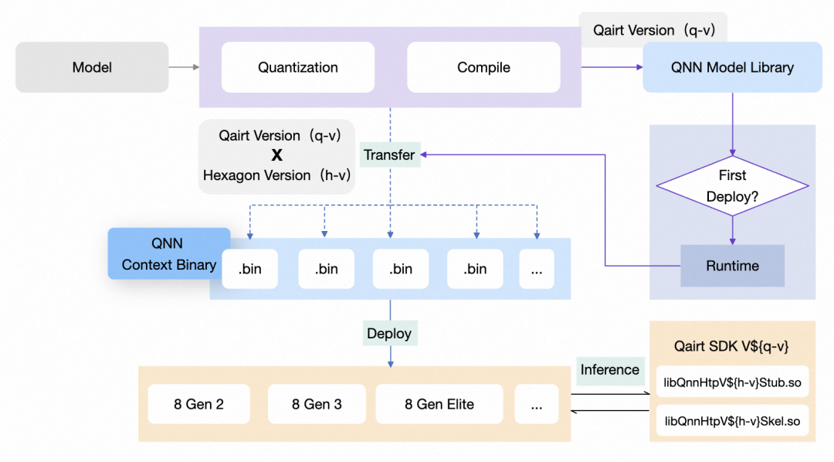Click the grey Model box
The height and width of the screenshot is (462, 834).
(x=92, y=67)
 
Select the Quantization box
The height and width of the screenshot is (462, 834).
(x=297, y=67)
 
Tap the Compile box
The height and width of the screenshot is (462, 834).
(x=483, y=67)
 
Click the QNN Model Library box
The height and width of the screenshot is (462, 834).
(x=732, y=67)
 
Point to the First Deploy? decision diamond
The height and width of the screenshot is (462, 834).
(x=732, y=185)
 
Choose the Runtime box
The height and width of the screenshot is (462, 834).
(x=732, y=266)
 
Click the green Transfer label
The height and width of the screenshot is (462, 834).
(x=389, y=155)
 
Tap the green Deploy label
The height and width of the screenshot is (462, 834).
(x=389, y=334)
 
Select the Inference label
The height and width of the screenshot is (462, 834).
(x=609, y=369)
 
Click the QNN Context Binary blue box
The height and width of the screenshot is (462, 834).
(x=168, y=253)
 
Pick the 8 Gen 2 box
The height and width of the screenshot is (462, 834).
(x=199, y=404)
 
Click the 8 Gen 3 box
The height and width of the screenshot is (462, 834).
(x=317, y=404)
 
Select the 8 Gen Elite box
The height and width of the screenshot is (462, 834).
(x=439, y=404)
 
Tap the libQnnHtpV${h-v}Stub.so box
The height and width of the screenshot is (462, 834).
(x=731, y=382)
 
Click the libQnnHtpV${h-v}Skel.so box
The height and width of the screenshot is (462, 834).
(x=731, y=422)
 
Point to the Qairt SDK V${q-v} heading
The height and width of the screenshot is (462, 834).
(x=732, y=346)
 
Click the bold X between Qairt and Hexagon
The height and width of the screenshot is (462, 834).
(x=276, y=155)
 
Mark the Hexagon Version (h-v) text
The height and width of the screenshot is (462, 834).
(x=276, y=175)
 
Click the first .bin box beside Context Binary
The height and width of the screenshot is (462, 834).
(x=249, y=269)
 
